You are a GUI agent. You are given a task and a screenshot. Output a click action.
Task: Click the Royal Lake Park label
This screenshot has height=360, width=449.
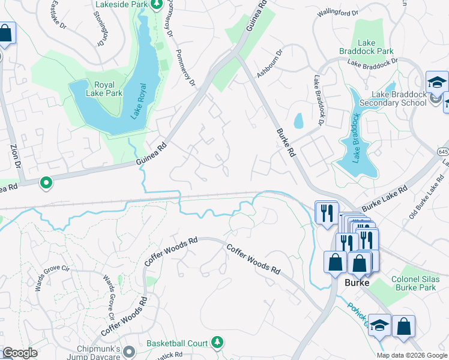104,89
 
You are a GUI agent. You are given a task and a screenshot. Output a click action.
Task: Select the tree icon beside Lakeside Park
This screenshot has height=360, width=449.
156,5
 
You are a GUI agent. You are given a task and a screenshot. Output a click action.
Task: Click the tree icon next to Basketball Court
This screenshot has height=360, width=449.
218,343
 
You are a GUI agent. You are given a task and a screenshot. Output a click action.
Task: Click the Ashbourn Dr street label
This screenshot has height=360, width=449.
269,64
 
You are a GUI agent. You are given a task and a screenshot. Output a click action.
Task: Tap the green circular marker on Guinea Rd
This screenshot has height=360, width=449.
46,182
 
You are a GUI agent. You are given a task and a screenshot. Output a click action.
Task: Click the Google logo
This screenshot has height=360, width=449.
20,353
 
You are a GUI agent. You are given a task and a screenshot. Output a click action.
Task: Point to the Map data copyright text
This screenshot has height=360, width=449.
411,355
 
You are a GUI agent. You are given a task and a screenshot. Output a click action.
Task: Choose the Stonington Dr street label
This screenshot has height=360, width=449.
100,27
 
